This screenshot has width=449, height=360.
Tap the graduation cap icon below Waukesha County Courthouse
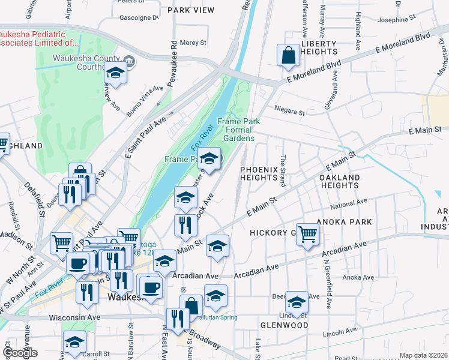[x=116, y=73]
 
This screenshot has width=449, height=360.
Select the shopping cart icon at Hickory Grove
[x=307, y=234]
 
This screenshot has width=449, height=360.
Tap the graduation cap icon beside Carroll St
[x=75, y=342]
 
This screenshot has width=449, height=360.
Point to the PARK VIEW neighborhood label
[x=191, y=10]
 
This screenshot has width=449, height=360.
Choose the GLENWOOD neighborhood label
[x=284, y=325]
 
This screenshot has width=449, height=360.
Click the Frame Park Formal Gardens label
[x=238, y=129]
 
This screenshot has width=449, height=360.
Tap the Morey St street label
[x=193, y=43]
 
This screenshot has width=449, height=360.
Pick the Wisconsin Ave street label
[x=74, y=317]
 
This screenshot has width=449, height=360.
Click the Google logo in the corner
[x=20, y=353]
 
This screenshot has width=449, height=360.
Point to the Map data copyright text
[x=423, y=355]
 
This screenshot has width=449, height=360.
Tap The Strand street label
[x=282, y=170]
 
